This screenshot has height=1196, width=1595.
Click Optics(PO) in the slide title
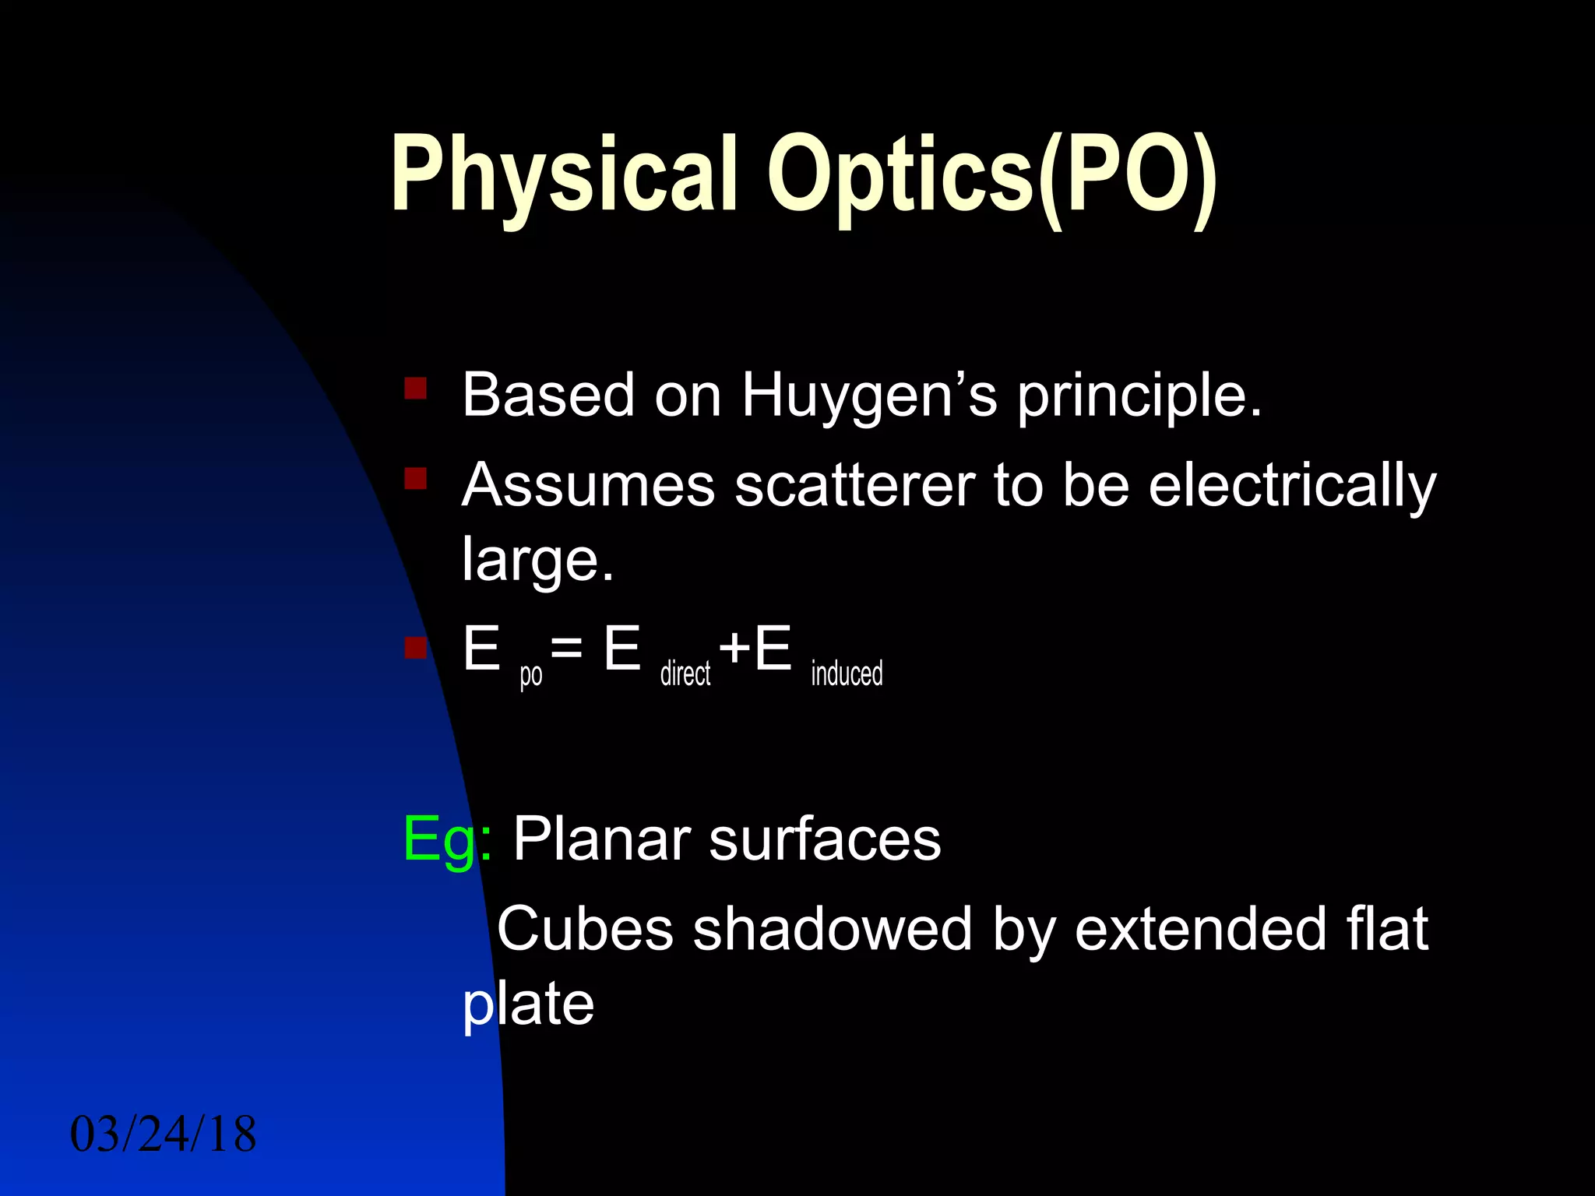tap(991, 175)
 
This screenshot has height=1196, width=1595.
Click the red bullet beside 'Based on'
tap(415, 388)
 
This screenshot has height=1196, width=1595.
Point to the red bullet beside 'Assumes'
tap(415, 477)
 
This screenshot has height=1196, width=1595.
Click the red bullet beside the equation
tap(415, 647)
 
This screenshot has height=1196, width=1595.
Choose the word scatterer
tap(854, 485)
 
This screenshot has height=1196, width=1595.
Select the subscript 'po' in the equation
tap(531, 674)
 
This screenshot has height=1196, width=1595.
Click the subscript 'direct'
tap(685, 673)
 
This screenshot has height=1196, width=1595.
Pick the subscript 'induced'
tap(847, 673)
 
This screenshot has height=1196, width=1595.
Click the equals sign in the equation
tap(566, 648)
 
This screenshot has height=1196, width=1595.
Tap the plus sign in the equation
tap(734, 648)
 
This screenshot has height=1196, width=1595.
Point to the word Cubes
tap(584, 929)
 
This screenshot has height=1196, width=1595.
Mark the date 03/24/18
tap(163, 1134)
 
